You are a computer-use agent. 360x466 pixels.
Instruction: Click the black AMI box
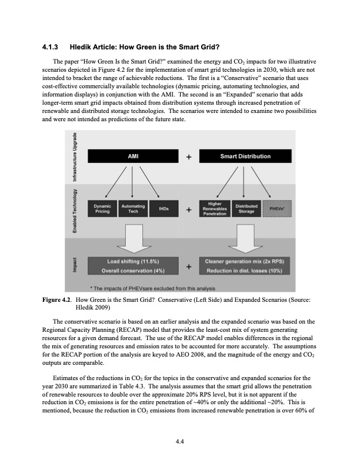pos(132,157)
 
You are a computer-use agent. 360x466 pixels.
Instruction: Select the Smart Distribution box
pos(245,157)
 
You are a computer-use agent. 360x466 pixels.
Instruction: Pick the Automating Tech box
pos(132,209)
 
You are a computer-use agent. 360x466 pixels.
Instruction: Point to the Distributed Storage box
pos(246,209)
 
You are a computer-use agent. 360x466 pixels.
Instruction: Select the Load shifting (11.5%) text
pos(132,261)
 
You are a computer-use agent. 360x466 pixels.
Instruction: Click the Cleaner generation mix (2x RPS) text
pos(245,261)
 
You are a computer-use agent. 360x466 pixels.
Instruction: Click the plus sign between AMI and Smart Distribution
pos(188,157)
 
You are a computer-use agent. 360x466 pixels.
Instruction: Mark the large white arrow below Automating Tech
pos(132,237)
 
